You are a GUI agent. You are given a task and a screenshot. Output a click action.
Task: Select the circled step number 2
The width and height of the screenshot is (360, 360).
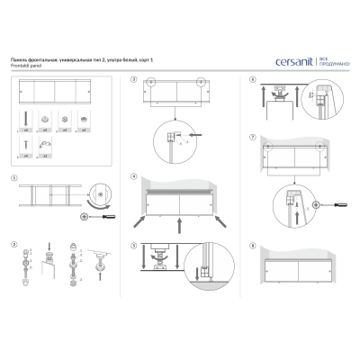tap(15, 244)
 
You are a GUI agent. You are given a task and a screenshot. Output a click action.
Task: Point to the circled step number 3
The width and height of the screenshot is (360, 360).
tap(133, 80)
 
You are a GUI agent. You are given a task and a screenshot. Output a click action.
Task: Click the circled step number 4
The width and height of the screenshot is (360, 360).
tap(133, 176)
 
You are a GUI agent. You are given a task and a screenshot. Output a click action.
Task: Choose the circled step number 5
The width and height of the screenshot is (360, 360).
tap(133, 245)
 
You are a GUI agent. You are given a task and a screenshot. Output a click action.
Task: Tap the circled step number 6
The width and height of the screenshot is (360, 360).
tap(255, 80)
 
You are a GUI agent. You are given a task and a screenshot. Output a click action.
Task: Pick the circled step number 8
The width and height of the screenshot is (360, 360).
tap(255, 245)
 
